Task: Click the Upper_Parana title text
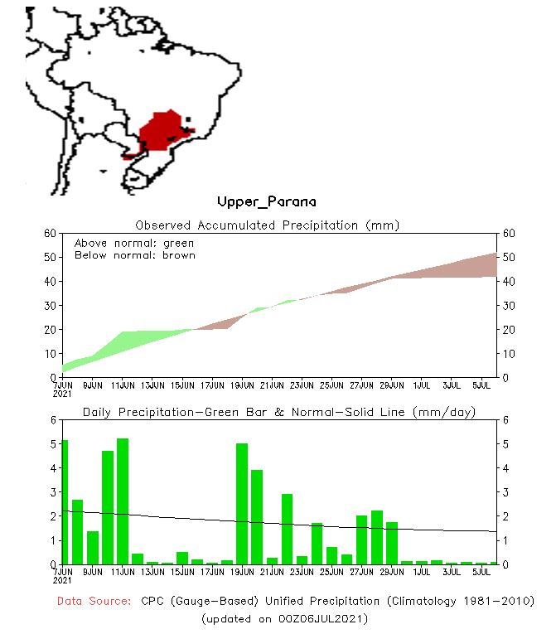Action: pos(266,201)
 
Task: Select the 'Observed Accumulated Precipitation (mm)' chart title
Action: pos(267,225)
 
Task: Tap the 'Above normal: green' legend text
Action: pos(133,243)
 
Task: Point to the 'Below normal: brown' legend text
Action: pos(134,255)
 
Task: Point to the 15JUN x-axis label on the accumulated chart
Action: pos(182,385)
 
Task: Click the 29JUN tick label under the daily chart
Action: pos(392,572)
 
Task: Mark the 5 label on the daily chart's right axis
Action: pos(505,443)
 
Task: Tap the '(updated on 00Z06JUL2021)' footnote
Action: pos(284,618)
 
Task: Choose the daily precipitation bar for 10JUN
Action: pos(108,507)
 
